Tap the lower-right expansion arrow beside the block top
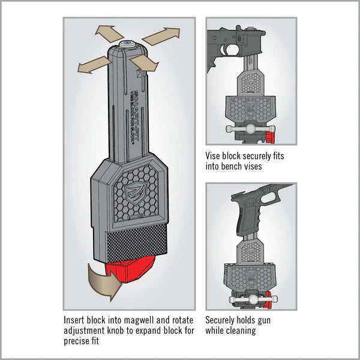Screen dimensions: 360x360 pyautogui.click(x=144, y=62)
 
